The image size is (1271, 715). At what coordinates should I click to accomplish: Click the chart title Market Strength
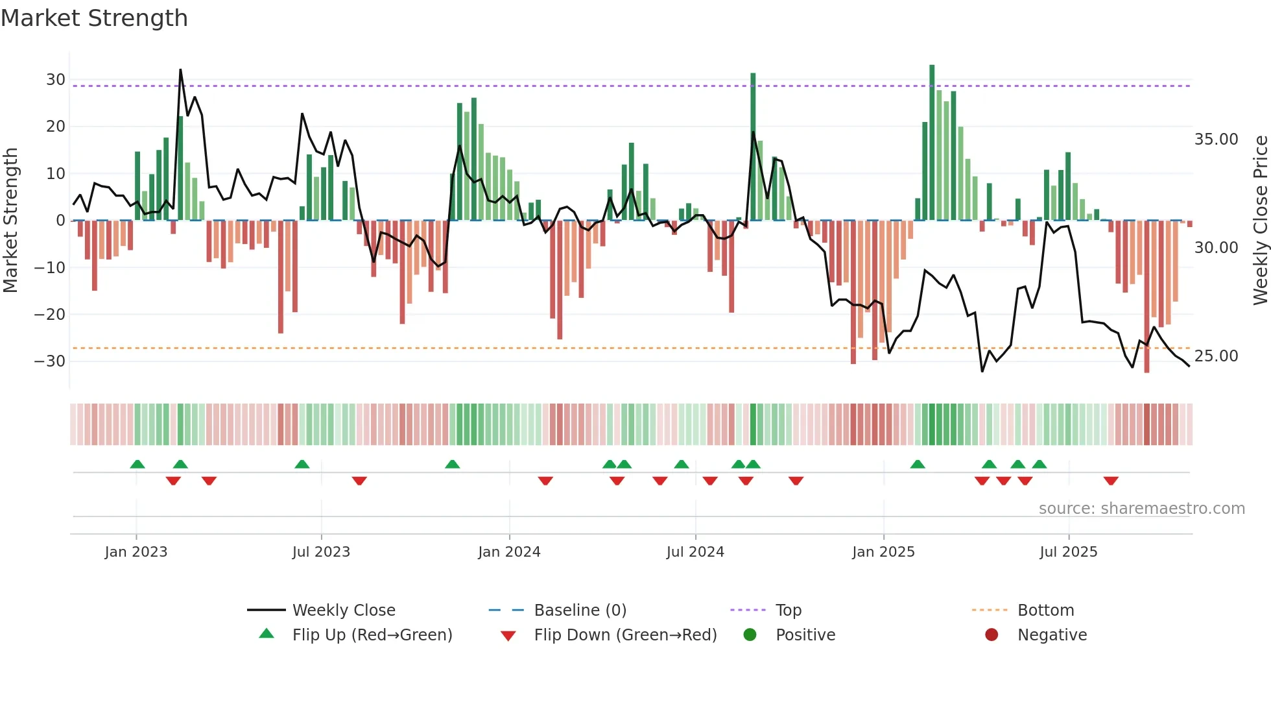click(94, 18)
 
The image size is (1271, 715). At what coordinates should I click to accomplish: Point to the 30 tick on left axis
click(56, 80)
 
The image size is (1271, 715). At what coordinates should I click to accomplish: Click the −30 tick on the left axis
click(51, 361)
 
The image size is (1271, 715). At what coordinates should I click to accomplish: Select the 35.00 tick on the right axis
click(1216, 139)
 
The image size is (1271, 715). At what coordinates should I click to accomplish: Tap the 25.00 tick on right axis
click(1216, 356)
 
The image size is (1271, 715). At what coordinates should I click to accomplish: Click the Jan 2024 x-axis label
click(509, 552)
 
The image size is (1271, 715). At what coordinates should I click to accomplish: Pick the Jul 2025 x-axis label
click(1068, 552)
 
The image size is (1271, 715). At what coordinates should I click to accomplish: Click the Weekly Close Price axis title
click(1260, 220)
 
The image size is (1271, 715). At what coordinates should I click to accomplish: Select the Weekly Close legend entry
click(343, 611)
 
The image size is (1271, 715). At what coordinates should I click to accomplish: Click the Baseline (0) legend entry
click(580, 611)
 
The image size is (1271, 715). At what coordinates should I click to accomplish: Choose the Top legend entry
click(789, 611)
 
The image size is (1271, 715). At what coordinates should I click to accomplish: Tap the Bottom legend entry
click(1045, 611)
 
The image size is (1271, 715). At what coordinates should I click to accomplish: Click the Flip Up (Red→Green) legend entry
click(372, 635)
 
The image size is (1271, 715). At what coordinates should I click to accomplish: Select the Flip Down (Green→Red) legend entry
click(625, 635)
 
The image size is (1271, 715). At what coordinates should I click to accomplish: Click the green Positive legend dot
click(750, 635)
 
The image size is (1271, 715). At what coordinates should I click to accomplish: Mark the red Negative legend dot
click(992, 635)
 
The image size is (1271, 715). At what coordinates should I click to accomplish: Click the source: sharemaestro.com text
click(1141, 509)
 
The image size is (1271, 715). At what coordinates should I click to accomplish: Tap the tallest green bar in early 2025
click(932, 143)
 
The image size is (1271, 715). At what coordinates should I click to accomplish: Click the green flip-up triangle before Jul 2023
click(302, 464)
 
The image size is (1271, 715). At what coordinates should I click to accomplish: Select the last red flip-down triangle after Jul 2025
click(1111, 481)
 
